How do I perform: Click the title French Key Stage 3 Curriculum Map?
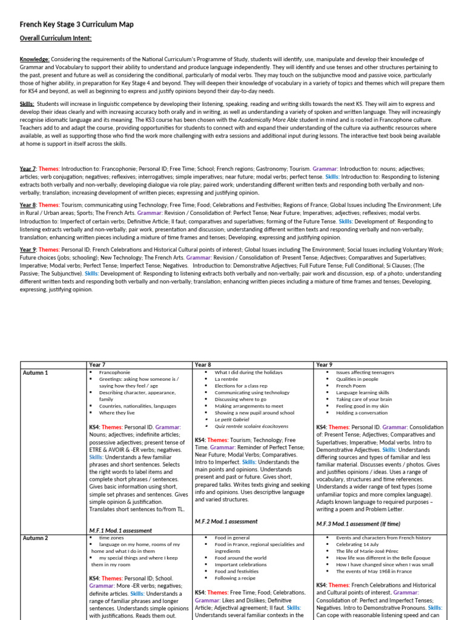(76, 24)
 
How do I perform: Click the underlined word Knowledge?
(34, 59)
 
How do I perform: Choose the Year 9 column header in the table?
(325, 365)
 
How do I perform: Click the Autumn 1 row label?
(35, 373)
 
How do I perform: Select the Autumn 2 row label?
(35, 538)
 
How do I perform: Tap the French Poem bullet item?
(351, 386)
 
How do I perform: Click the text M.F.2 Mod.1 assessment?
(226, 521)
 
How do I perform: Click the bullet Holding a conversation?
(362, 412)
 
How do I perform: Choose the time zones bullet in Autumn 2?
(111, 537)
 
